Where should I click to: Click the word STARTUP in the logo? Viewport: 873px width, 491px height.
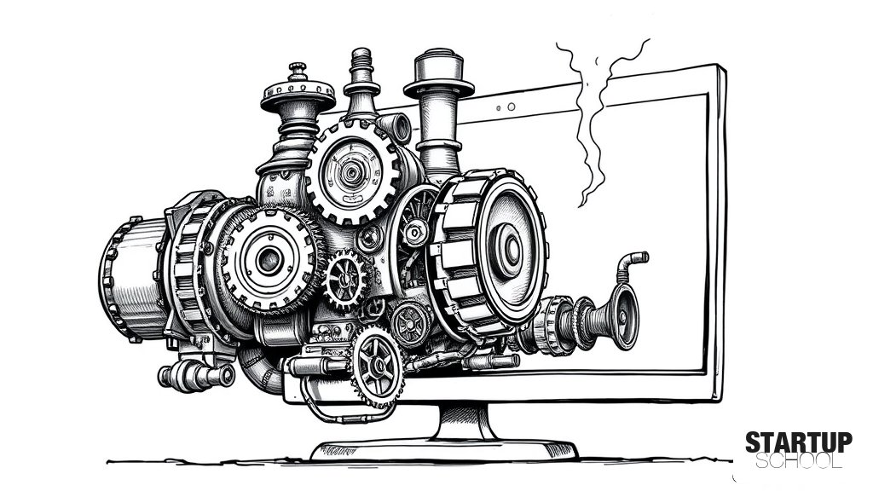[x=798, y=442]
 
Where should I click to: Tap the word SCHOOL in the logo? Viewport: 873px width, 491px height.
[x=798, y=460]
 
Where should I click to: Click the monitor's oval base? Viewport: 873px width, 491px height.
[x=443, y=450]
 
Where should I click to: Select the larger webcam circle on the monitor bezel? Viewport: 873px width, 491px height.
[x=512, y=107]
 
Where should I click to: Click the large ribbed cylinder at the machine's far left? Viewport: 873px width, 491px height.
[x=134, y=279]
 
